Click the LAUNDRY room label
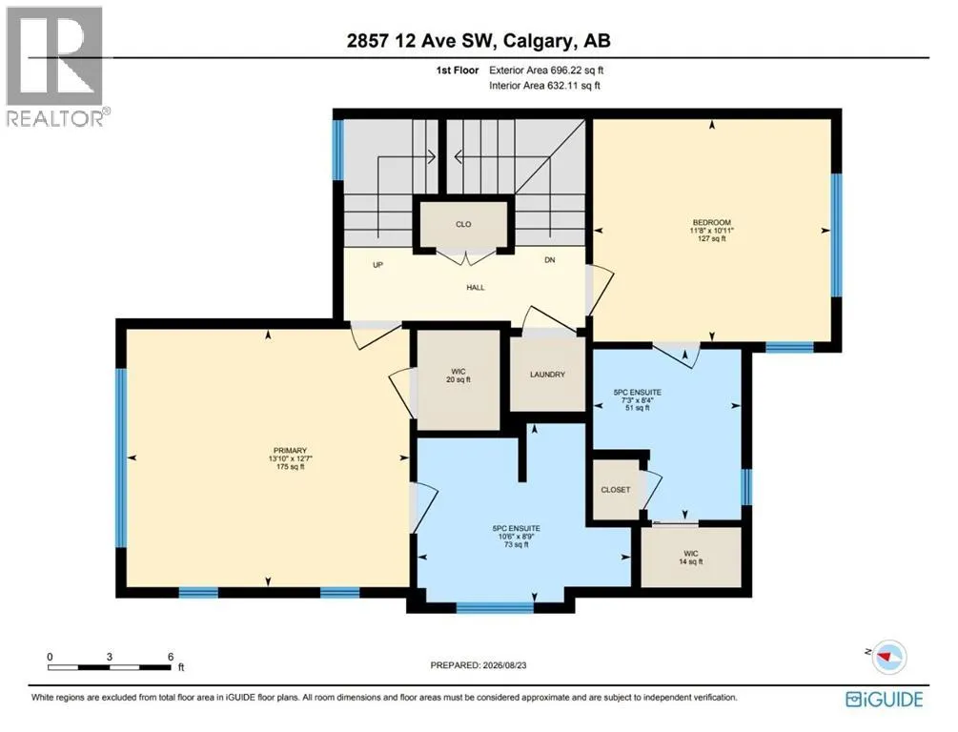[547, 374]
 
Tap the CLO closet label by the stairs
[463, 224]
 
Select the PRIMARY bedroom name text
[290, 450]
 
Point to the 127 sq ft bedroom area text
[712, 239]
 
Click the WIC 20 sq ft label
[459, 376]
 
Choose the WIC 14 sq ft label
[691, 558]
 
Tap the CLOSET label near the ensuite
[615, 489]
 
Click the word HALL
[476, 287]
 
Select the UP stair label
[377, 265]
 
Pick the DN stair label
[550, 259]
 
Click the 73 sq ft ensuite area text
[517, 544]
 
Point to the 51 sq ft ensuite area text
[638, 408]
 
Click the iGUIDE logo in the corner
[884, 699]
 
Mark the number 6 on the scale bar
[171, 657]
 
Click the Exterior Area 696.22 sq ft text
[546, 71]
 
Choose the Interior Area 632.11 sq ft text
[544, 86]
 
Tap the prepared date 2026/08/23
[503, 664]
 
